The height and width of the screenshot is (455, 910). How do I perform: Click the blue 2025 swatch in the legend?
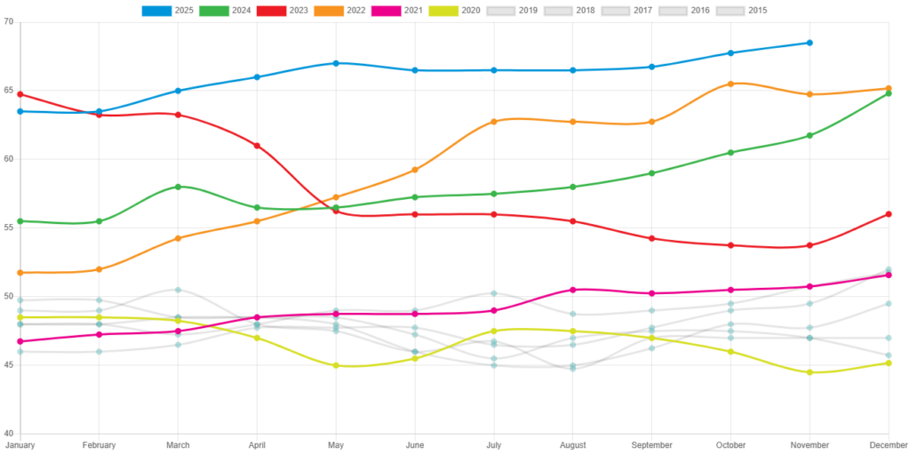[156, 11]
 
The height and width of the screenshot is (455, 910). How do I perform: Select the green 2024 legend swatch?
[213, 11]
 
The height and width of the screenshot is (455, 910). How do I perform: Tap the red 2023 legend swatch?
[271, 11]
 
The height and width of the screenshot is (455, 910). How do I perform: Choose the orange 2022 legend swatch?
[328, 11]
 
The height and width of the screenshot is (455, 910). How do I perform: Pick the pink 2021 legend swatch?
[386, 11]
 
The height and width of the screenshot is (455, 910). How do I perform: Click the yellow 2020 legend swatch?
[443, 11]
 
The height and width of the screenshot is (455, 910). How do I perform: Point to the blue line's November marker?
[810, 43]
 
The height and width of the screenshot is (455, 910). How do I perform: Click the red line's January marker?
[20, 94]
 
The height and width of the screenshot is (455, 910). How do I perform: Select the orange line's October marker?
[730, 84]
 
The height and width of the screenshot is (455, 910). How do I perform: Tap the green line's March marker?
[178, 187]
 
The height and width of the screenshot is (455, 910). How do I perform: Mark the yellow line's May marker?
[336, 365]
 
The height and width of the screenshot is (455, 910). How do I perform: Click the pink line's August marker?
[572, 290]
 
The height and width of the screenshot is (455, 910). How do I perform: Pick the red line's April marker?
[257, 145]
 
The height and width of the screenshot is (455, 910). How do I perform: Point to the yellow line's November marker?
[810, 372]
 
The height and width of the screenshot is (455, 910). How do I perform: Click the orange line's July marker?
[493, 122]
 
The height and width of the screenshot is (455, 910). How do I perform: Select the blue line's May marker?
[336, 63]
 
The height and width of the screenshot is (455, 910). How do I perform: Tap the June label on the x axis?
[414, 444]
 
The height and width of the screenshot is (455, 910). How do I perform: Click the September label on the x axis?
[651, 444]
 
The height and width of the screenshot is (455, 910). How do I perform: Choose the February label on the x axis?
[99, 444]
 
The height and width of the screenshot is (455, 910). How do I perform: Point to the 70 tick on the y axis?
[9, 21]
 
